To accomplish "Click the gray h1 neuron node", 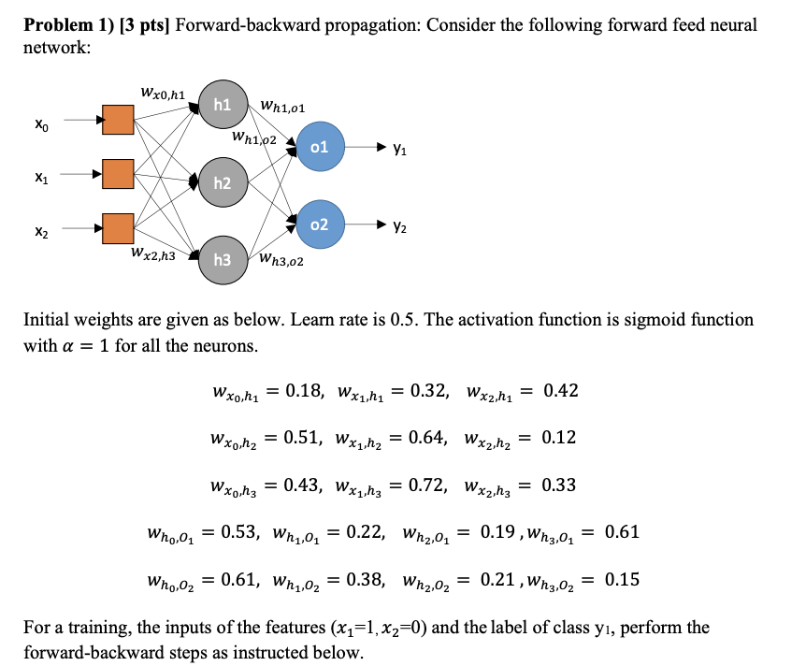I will pyautogui.click(x=222, y=105).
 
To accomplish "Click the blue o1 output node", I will pyautogui.click(x=320, y=148).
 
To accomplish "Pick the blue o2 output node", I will pyautogui.click(x=320, y=224).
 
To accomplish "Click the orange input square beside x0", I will pyautogui.click(x=119, y=120).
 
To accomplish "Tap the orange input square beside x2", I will pyautogui.click(x=119, y=227).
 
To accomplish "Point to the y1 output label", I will pyautogui.click(x=400, y=148).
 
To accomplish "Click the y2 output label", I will pyautogui.click(x=400, y=225).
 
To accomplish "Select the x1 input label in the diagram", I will pyautogui.click(x=36, y=174).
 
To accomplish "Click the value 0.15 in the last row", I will pyautogui.click(x=622, y=579).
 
